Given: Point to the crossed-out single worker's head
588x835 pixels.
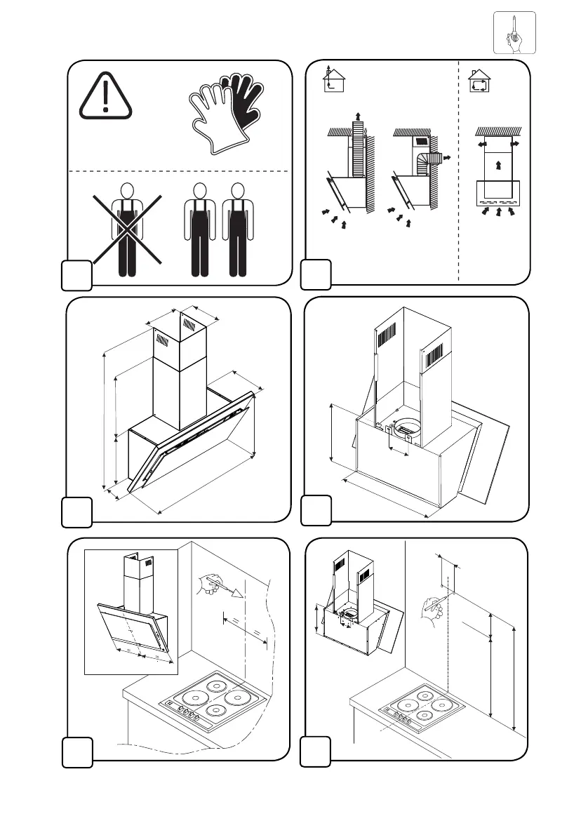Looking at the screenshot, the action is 126,189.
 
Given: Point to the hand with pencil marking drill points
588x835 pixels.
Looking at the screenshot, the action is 431,608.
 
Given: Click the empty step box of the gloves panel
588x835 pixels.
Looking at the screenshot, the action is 76,275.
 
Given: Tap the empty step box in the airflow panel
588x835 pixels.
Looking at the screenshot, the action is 315,275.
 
